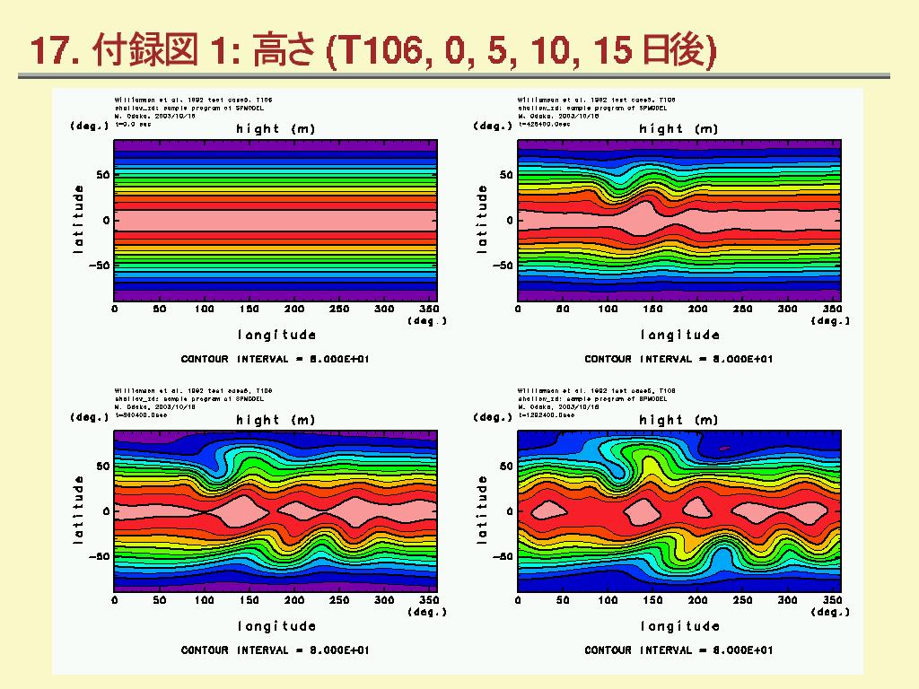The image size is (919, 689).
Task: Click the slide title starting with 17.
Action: (373, 51)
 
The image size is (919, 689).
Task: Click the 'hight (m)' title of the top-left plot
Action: (276, 129)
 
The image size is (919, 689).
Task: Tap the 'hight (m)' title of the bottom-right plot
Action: (678, 420)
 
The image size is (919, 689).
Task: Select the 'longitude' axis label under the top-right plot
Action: (679, 335)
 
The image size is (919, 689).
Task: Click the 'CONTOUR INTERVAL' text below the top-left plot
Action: (275, 359)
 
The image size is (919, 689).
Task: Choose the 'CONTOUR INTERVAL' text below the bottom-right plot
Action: (678, 650)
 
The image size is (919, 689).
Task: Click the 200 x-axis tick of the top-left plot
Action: (294, 310)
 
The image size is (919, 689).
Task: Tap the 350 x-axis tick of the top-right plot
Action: (832, 310)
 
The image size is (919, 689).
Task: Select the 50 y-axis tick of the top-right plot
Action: (507, 175)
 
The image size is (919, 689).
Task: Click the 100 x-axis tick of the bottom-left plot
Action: (205, 600)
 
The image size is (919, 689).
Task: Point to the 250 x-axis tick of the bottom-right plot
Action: (742, 600)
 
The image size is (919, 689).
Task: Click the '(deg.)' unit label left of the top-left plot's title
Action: (90, 126)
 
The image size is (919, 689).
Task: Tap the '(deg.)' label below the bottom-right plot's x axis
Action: (830, 612)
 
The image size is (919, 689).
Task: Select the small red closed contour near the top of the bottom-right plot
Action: (724, 449)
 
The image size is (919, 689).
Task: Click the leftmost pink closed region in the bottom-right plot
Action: (548, 511)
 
